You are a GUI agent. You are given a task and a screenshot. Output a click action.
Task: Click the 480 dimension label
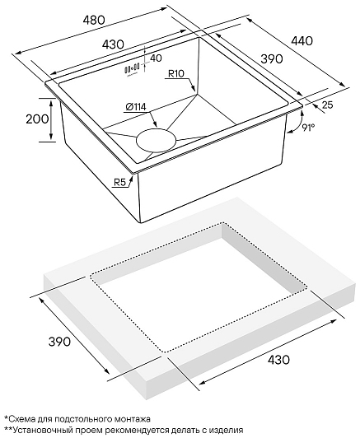click(x=94, y=20)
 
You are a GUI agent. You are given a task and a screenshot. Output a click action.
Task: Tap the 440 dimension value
click(x=302, y=41)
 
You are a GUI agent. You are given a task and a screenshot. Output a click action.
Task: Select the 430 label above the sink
click(x=112, y=44)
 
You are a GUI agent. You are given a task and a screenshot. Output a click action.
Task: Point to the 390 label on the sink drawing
click(x=272, y=59)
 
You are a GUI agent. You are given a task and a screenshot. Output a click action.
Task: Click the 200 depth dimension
click(x=37, y=119)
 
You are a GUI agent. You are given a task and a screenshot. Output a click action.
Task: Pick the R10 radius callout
click(x=175, y=74)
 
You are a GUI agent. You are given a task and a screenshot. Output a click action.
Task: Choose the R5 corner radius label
click(x=120, y=183)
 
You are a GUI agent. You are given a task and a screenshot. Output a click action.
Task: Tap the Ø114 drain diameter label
click(x=136, y=107)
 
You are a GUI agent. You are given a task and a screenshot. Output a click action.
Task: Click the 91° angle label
click(x=308, y=127)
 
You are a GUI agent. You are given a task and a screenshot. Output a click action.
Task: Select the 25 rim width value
click(x=327, y=105)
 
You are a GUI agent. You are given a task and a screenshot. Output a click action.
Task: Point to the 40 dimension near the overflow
click(x=156, y=58)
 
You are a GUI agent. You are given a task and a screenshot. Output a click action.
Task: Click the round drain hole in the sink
click(x=157, y=141)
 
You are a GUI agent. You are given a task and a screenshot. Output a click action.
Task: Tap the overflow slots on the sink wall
click(x=132, y=68)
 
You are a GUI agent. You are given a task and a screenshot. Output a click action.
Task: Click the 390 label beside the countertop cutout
click(x=59, y=342)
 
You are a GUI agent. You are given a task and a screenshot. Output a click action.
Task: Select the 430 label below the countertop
click(x=278, y=360)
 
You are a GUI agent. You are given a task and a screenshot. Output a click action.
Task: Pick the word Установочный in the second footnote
click(x=38, y=430)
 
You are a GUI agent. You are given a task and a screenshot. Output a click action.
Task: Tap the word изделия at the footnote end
click(x=226, y=430)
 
